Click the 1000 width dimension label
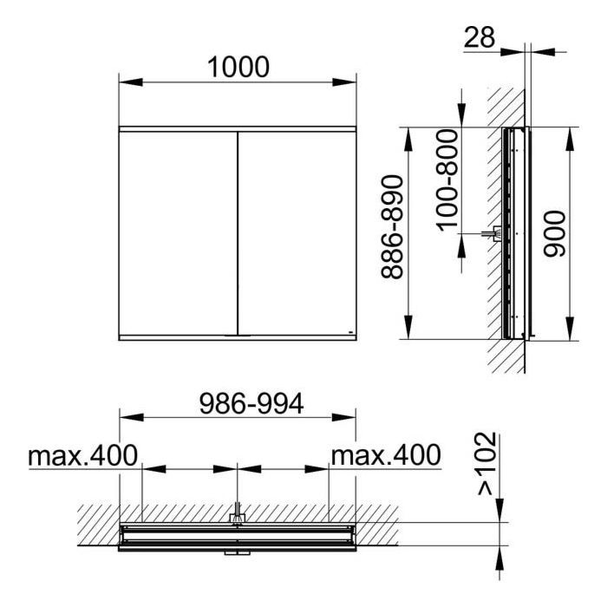tap(238, 67)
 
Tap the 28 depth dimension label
tap(480, 37)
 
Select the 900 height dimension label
tap(554, 234)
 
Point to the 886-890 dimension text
tap(392, 227)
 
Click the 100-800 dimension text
tap(447, 180)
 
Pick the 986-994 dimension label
tap(251, 403)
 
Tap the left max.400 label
tap(83, 455)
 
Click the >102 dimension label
tap(486, 464)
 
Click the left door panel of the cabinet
tap(178, 233)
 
